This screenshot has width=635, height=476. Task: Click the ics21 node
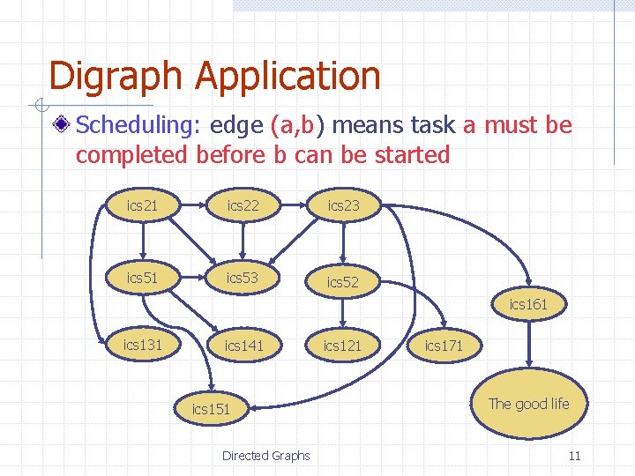(143, 206)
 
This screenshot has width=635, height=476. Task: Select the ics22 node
(243, 206)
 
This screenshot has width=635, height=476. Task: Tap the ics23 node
(344, 206)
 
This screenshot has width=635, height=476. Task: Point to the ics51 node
(143, 279)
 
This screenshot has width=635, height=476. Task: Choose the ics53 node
(243, 279)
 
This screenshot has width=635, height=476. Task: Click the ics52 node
(344, 282)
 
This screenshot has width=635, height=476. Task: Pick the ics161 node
(528, 305)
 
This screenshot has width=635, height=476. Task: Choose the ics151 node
(211, 409)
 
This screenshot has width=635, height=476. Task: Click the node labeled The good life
(528, 404)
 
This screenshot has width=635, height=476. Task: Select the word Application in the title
(288, 77)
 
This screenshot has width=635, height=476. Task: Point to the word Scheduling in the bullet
(139, 125)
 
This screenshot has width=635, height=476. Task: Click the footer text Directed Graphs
(265, 456)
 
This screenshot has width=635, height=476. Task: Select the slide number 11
(574, 456)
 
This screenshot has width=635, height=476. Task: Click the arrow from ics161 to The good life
(528, 346)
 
